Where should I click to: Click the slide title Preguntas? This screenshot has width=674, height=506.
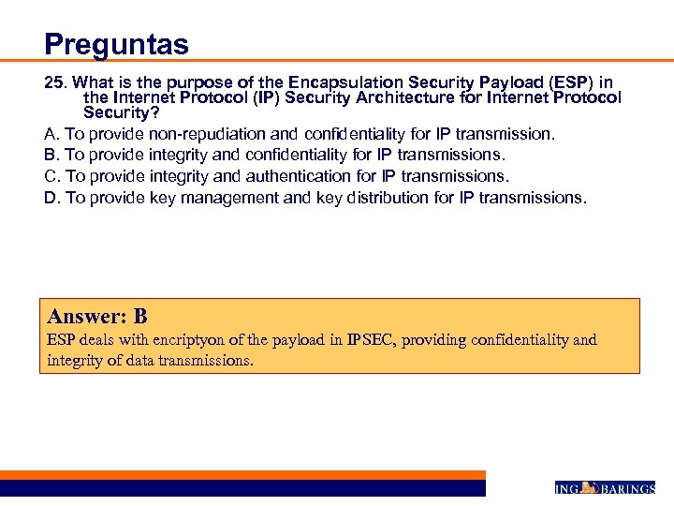(116, 44)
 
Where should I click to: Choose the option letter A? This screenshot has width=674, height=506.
(51, 133)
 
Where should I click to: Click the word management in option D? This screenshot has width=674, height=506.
(228, 197)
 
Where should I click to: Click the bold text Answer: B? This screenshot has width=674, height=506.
(97, 317)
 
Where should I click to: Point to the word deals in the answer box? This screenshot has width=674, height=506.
(94, 340)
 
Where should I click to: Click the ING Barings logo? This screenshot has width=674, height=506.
(605, 488)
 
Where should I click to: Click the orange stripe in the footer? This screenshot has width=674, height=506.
(243, 475)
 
